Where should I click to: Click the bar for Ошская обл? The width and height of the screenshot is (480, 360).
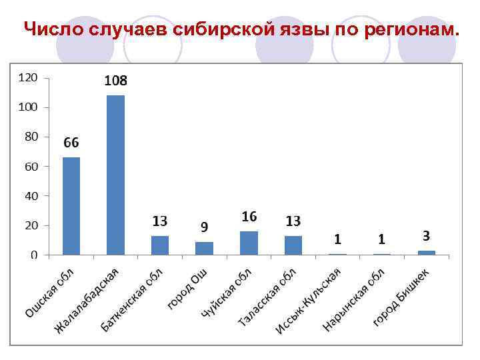(71, 206)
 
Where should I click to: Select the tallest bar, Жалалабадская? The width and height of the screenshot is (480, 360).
(115, 175)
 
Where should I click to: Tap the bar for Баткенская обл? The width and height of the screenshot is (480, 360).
(160, 245)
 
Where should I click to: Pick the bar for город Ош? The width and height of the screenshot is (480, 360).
(204, 248)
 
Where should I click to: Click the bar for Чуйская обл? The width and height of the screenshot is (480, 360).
(249, 243)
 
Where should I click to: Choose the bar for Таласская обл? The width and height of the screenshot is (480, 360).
(293, 245)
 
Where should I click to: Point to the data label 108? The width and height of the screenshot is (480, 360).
(115, 81)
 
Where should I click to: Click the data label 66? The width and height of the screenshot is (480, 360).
(71, 143)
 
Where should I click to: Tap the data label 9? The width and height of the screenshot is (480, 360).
(204, 227)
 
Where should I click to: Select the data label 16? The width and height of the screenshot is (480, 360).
(249, 217)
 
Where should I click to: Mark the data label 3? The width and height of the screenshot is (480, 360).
(426, 236)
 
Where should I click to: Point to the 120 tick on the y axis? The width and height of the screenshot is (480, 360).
(28, 78)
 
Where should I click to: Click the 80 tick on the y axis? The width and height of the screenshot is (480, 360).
(31, 137)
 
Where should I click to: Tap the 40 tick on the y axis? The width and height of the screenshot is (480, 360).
(31, 196)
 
